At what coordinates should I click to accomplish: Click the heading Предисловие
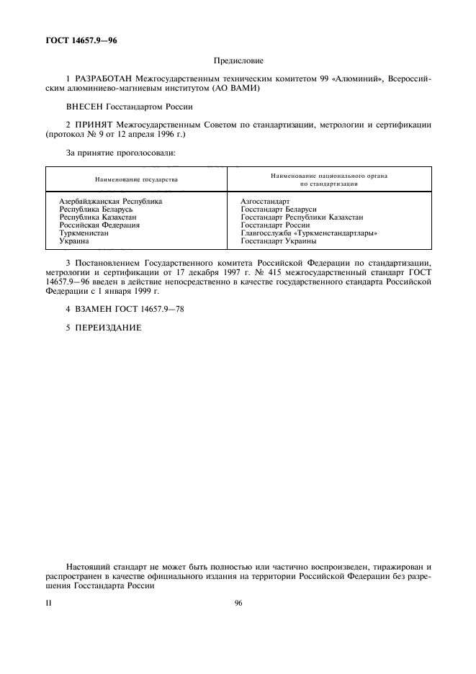tap(238, 62)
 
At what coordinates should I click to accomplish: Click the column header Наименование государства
tap(135, 179)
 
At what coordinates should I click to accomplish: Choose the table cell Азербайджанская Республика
tap(110, 202)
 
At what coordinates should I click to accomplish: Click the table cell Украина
tap(73, 241)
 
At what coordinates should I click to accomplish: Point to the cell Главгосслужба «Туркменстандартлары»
tap(310, 233)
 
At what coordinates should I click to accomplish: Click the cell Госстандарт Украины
tap(278, 241)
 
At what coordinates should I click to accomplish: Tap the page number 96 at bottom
tap(238, 603)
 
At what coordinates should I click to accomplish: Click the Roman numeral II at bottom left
tap(48, 603)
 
